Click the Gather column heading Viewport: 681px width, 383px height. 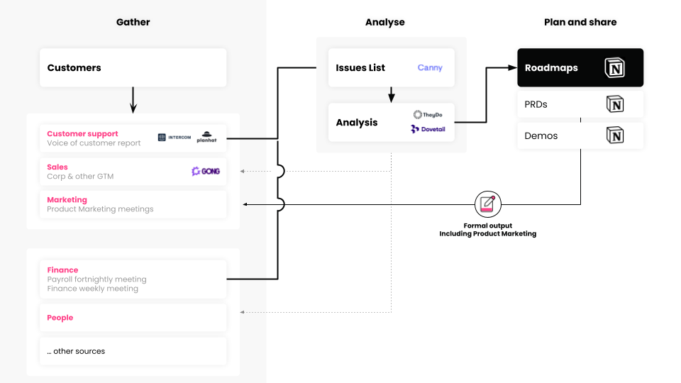[x=133, y=22]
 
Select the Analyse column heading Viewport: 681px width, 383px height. [x=384, y=22]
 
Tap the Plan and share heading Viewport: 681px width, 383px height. [x=580, y=22]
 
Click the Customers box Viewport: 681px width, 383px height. [x=133, y=68]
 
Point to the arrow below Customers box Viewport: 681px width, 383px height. [x=133, y=101]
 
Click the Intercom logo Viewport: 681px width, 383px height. [x=175, y=137]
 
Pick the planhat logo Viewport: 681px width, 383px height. [x=206, y=137]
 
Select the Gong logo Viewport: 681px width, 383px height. [x=206, y=171]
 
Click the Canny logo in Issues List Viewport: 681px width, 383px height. [x=429, y=68]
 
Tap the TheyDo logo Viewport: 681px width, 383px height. [x=428, y=114]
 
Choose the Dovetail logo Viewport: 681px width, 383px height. [x=428, y=129]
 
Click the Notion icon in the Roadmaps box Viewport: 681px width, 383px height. [x=614, y=68]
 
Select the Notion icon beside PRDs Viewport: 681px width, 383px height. [x=614, y=104]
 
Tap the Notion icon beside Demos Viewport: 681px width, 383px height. [x=614, y=135]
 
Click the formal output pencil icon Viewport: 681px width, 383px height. [x=487, y=204]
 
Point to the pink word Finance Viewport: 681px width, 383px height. [x=62, y=270]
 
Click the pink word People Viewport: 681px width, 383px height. [x=60, y=318]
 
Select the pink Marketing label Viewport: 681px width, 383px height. [x=67, y=200]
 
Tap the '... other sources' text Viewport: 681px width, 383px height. [x=76, y=351]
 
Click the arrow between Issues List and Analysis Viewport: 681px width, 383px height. [x=391, y=95]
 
